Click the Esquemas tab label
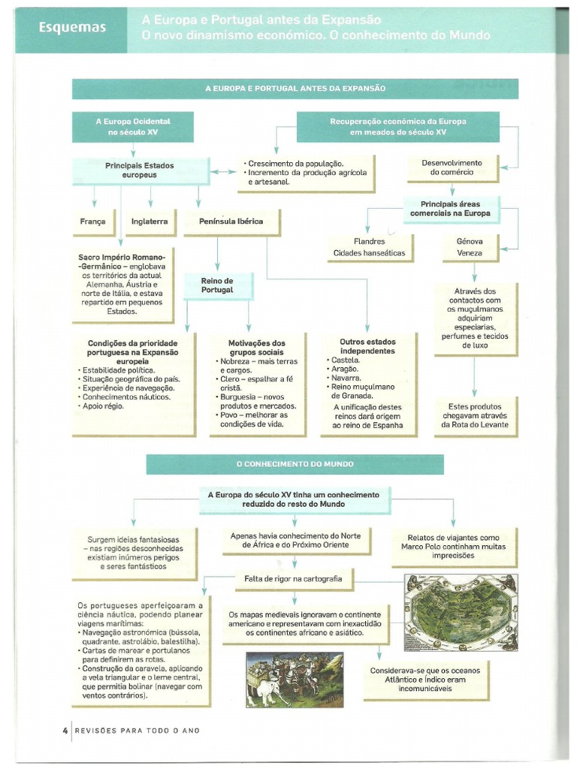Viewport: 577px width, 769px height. tap(73, 29)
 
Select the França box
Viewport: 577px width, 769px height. tap(93, 222)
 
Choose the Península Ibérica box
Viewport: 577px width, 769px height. tap(231, 222)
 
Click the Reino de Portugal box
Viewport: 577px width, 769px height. tap(217, 285)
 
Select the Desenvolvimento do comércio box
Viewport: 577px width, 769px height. tap(452, 167)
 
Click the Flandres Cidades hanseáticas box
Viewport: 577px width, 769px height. tap(369, 248)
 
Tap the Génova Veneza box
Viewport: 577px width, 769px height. tap(470, 248)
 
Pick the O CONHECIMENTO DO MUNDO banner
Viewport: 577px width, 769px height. tap(295, 464)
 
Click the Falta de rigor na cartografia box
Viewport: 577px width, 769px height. tap(293, 579)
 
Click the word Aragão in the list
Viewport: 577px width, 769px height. tap(346, 370)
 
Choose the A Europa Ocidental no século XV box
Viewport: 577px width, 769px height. tap(133, 126)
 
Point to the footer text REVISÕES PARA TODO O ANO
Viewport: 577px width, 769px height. tap(137, 731)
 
